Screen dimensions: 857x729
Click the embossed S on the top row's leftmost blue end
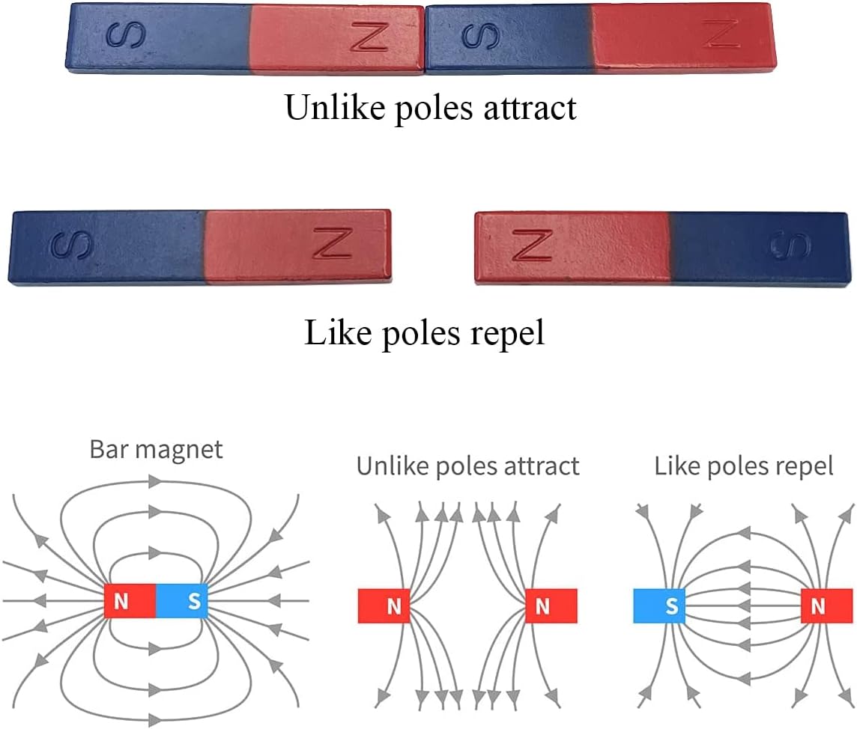(x=126, y=36)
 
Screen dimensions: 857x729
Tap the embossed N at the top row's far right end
(x=721, y=33)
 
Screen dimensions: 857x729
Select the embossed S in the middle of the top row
(x=481, y=36)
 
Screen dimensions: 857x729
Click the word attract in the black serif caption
(x=530, y=108)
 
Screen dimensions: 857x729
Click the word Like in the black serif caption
(x=338, y=332)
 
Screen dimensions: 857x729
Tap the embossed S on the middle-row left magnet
(x=71, y=245)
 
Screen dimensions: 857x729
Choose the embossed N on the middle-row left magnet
(x=333, y=243)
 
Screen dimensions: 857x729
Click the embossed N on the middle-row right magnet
(x=532, y=245)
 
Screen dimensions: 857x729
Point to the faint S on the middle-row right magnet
(x=790, y=245)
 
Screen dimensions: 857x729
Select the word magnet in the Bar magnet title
(x=179, y=451)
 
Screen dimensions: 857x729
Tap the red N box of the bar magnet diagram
(x=130, y=601)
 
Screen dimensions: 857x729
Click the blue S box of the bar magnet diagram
(x=182, y=601)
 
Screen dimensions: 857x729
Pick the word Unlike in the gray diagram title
(x=393, y=466)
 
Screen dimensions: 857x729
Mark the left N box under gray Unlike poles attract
(x=384, y=606)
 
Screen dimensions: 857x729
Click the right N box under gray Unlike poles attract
(x=551, y=606)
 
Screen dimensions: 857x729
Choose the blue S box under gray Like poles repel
(x=659, y=606)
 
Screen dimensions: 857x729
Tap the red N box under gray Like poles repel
(x=826, y=606)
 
